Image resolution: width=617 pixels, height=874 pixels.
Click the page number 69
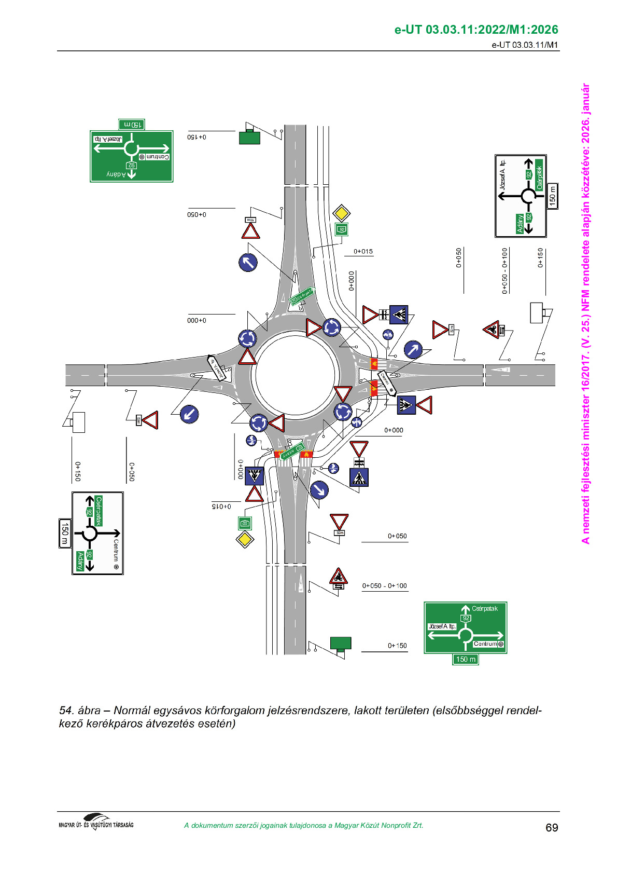pos(552,827)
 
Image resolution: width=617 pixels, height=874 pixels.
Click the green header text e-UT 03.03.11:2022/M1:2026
pos(476,30)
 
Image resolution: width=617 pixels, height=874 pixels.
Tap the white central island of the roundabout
pos(295,375)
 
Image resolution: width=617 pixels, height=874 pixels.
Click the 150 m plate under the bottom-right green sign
pos(465,659)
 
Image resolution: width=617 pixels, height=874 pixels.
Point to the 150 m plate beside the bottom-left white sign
pos(65,532)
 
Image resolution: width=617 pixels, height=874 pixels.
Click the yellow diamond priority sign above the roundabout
pos(341,213)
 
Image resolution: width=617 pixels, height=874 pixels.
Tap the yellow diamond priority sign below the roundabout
pos(245,539)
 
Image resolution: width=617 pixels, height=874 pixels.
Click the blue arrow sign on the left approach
pos(189,414)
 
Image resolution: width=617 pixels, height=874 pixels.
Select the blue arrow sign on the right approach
pos(413,349)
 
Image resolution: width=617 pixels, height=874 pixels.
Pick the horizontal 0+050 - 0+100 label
pos(384,586)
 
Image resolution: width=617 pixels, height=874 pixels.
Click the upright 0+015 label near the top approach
pos(363,252)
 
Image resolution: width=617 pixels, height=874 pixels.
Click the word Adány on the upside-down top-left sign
pos(117,174)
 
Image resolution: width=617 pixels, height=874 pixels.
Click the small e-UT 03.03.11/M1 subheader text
pos(525,45)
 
